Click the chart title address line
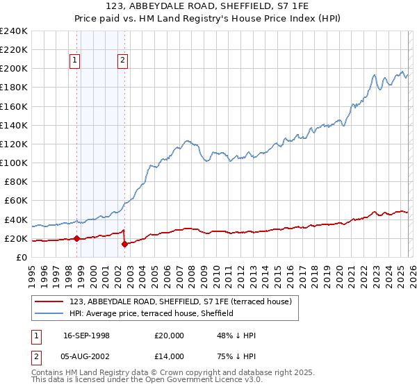click(208, 8)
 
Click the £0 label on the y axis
click(21, 257)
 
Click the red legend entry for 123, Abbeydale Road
click(184, 301)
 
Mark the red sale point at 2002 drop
click(124, 244)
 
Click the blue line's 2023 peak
click(374, 75)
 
